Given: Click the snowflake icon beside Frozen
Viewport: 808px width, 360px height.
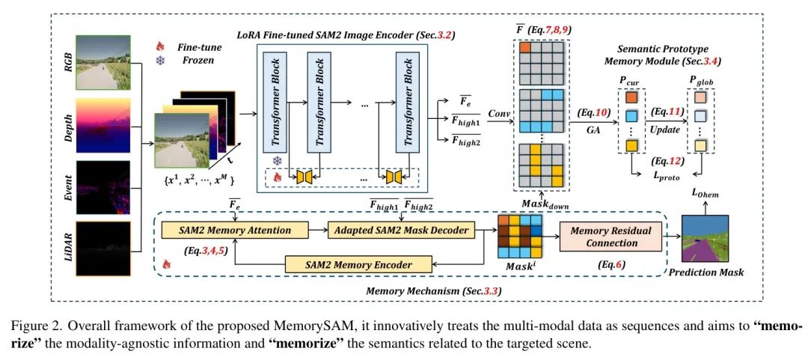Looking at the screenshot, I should pyautogui.click(x=159, y=60).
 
